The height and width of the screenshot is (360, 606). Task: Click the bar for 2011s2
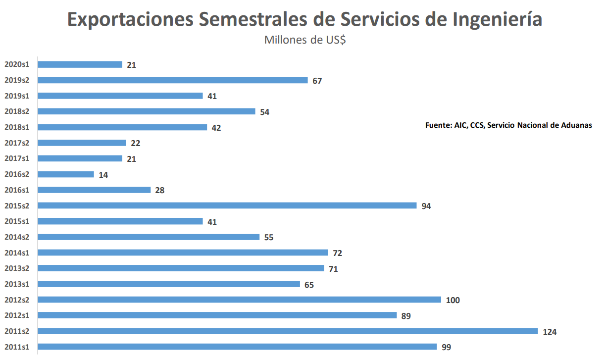pos(287,331)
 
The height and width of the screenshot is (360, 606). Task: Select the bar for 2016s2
pos(66,174)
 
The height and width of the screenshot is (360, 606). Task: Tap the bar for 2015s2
pos(227,206)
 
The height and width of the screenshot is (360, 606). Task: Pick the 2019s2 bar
pos(172,80)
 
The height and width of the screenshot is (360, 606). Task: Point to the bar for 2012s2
pos(239,300)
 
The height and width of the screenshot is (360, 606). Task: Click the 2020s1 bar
pos(80,64)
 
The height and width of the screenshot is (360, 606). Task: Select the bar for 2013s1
pos(169,284)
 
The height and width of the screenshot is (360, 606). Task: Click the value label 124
pos(550,332)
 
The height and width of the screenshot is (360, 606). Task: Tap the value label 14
pos(103,175)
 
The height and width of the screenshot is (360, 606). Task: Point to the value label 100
pos(453,300)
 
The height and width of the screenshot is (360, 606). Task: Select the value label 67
pos(317,81)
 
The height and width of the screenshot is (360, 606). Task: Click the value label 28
pos(159,190)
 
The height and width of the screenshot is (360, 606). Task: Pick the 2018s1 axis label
pos(17,127)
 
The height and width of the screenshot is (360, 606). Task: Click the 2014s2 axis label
pos(17,237)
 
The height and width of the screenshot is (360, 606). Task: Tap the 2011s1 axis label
pos(17,347)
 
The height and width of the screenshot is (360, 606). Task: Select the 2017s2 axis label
pos(17,143)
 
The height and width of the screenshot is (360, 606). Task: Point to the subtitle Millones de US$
pos(304,40)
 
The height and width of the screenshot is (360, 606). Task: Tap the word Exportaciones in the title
pos(130,19)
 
